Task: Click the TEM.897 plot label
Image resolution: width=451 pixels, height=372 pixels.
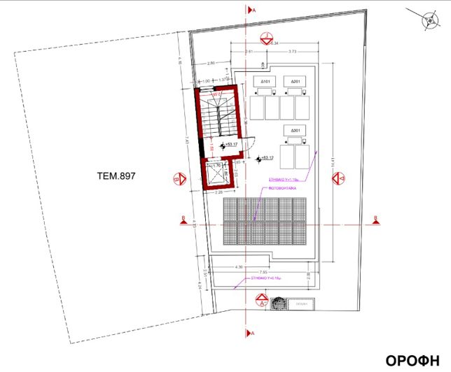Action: (116, 177)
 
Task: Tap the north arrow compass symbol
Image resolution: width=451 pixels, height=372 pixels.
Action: (429, 20)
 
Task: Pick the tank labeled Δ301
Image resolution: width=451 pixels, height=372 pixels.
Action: (297, 131)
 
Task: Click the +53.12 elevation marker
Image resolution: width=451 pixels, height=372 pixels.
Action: (266, 158)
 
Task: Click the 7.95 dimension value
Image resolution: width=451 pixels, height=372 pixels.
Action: (263, 272)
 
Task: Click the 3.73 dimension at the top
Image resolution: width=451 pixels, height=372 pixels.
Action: (293, 52)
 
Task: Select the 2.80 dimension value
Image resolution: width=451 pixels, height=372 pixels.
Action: (211, 64)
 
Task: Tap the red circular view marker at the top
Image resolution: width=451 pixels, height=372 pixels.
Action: (265, 38)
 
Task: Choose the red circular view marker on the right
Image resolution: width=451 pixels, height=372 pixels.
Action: (342, 178)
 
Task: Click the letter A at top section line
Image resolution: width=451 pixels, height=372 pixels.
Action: (254, 10)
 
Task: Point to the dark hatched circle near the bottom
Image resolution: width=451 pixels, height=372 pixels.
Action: (278, 304)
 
